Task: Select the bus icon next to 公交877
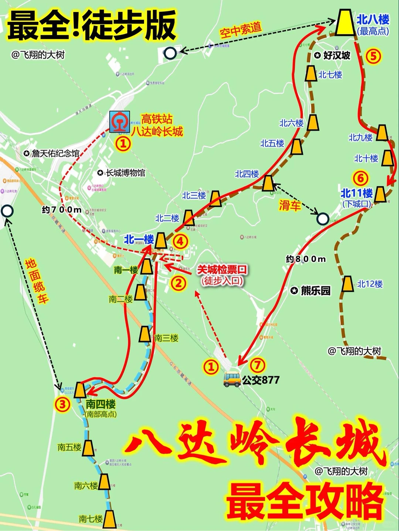(x=232, y=379)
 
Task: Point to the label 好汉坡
(x=337, y=55)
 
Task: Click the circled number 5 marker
(x=373, y=56)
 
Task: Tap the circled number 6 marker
(x=361, y=178)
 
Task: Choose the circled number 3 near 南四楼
(x=62, y=404)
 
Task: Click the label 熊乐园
(x=315, y=291)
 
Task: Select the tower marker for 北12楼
(x=347, y=284)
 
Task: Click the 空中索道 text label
(x=241, y=30)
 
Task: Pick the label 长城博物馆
(x=126, y=173)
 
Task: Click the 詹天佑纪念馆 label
(x=55, y=154)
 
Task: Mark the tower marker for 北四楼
(x=268, y=183)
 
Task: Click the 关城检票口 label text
(x=222, y=270)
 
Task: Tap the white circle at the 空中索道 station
(x=170, y=54)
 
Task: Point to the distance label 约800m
(x=306, y=259)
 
